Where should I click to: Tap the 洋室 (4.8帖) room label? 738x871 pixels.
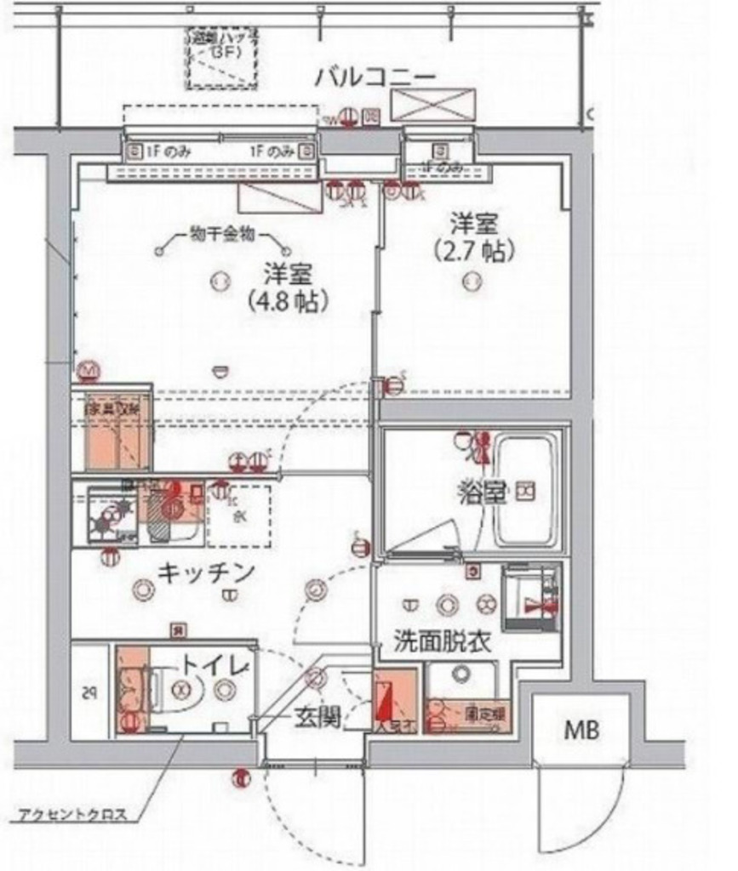tap(288, 287)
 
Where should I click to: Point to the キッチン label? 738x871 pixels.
tap(207, 573)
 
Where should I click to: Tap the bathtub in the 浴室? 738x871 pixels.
tap(527, 492)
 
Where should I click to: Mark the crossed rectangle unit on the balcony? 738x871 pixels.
tap(433, 105)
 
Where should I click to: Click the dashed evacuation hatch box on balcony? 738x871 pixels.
tap(222, 58)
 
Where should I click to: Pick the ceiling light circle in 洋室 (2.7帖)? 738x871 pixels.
tap(469, 280)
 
